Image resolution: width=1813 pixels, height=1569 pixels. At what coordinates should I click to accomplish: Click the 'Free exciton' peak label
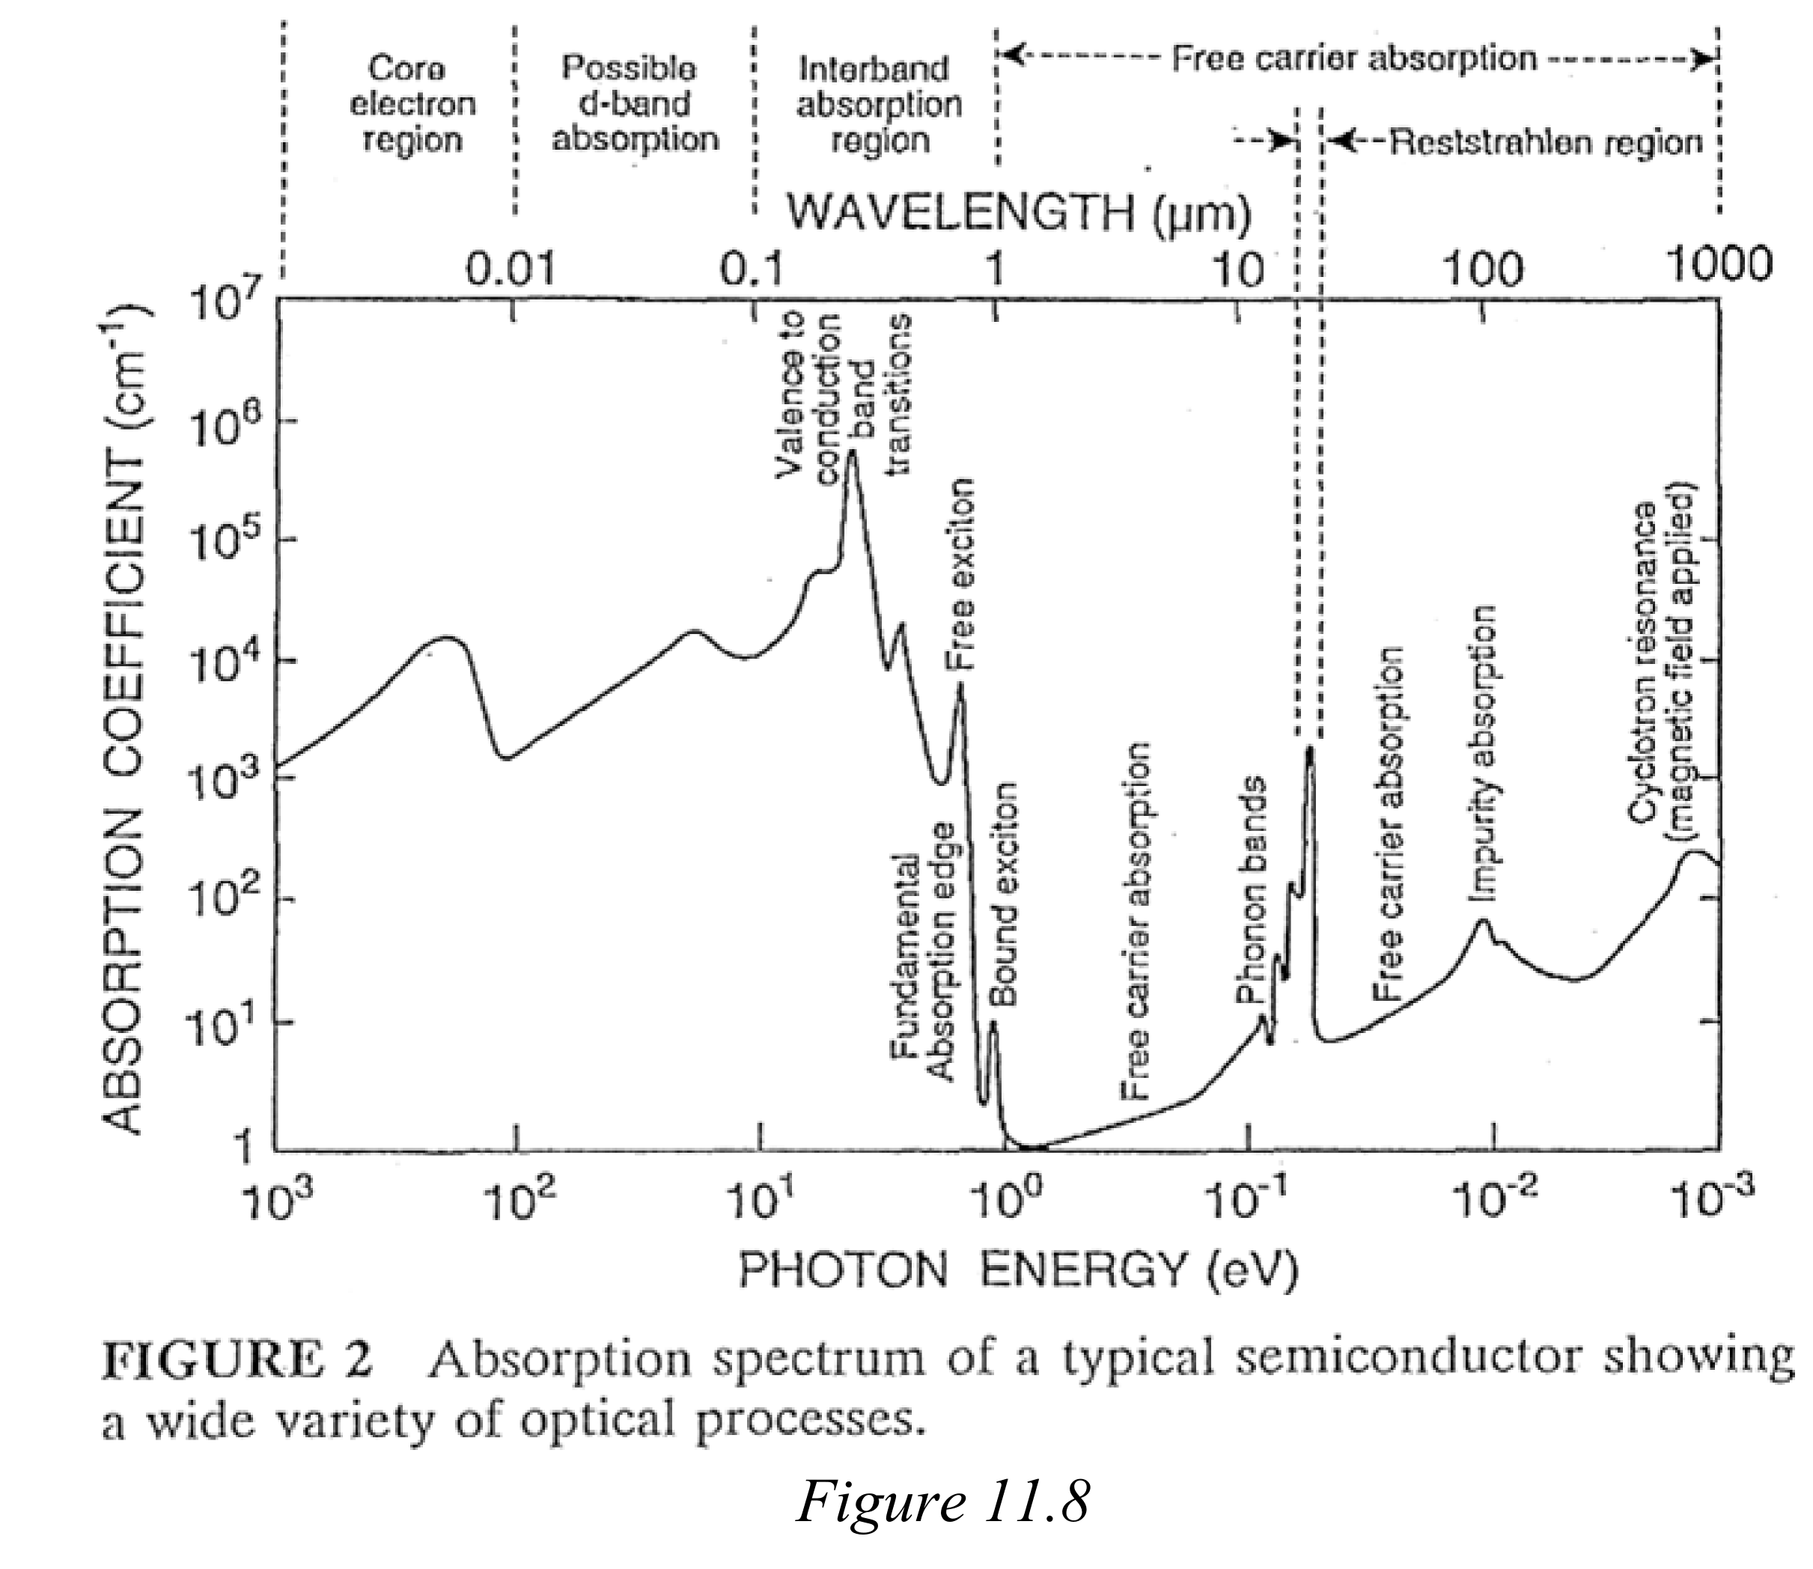961,573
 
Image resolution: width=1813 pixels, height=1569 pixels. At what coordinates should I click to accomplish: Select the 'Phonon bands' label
1251,889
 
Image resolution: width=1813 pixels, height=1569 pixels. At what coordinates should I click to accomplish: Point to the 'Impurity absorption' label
1481,753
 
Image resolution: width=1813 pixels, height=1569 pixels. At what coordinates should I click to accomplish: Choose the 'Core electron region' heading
412,103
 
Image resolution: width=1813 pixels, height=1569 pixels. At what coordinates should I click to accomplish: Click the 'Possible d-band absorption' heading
634,103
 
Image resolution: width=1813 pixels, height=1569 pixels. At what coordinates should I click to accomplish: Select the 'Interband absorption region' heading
878,103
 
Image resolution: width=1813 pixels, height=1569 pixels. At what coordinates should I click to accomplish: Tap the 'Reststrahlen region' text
1546,141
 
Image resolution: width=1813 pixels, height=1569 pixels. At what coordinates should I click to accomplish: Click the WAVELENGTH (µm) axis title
1019,213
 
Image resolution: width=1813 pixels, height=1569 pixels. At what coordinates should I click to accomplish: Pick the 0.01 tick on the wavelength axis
511,268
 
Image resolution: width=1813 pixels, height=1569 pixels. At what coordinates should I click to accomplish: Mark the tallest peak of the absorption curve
852,454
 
